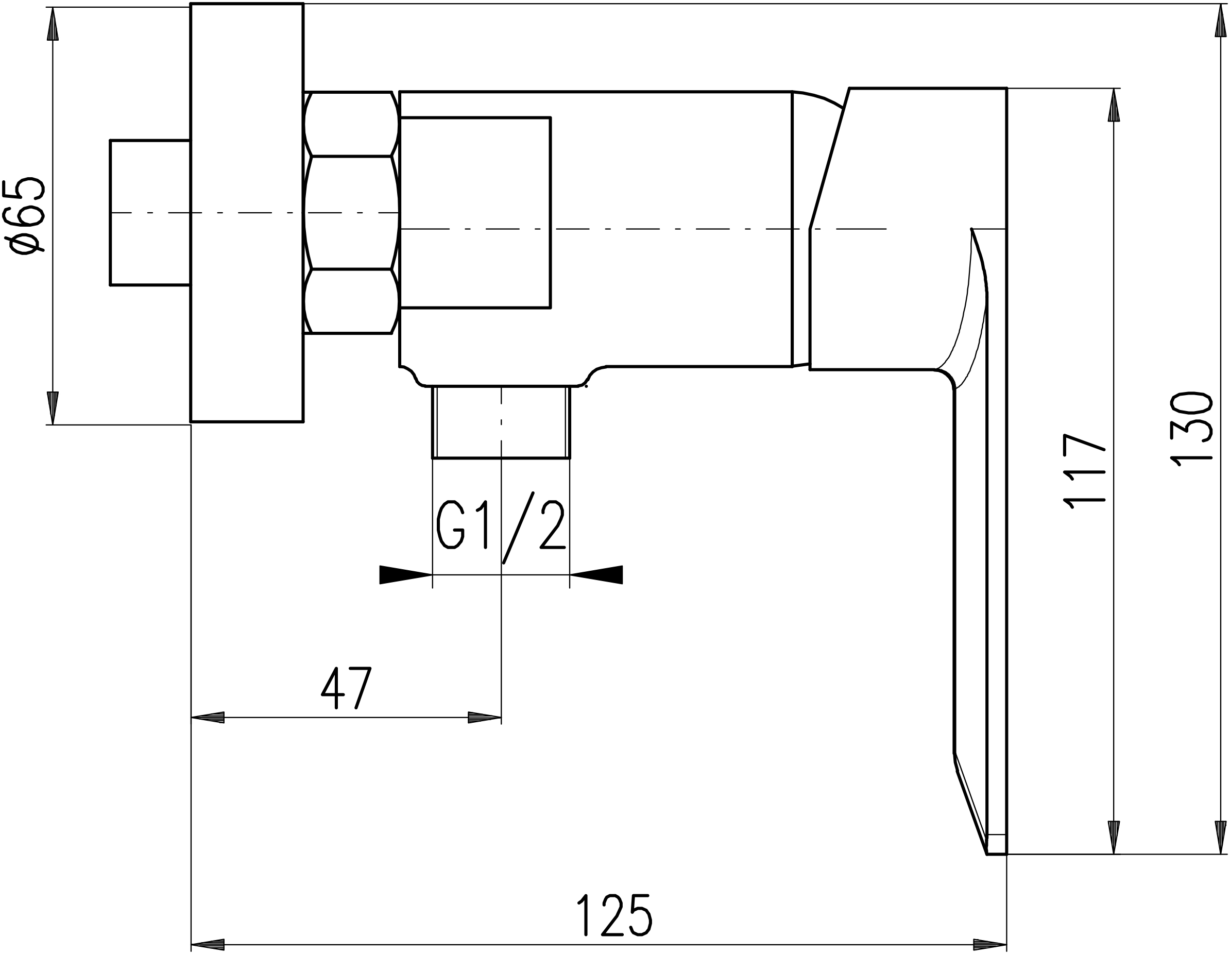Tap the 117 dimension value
pyautogui.click(x=1084, y=471)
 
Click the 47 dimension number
pyautogui.click(x=346, y=688)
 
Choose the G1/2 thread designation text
pyautogui.click(x=501, y=527)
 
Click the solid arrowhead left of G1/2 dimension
pyautogui.click(x=405, y=574)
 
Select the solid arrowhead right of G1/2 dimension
pyautogui.click(x=596, y=574)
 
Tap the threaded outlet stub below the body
pyautogui.click(x=501, y=422)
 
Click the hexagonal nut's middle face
pyautogui.click(x=351, y=212)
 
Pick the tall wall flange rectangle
pyautogui.click(x=247, y=212)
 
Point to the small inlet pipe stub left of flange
pyautogui.click(x=150, y=213)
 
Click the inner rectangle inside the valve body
pyautogui.click(x=475, y=213)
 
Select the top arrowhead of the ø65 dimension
pyautogui.click(x=53, y=24)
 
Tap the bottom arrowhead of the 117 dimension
pyautogui.click(x=1114, y=838)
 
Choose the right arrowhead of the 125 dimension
pyautogui.click(x=990, y=944)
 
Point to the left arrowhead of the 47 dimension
pyautogui.click(x=208, y=718)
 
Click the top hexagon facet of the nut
pyautogui.click(x=351, y=124)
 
